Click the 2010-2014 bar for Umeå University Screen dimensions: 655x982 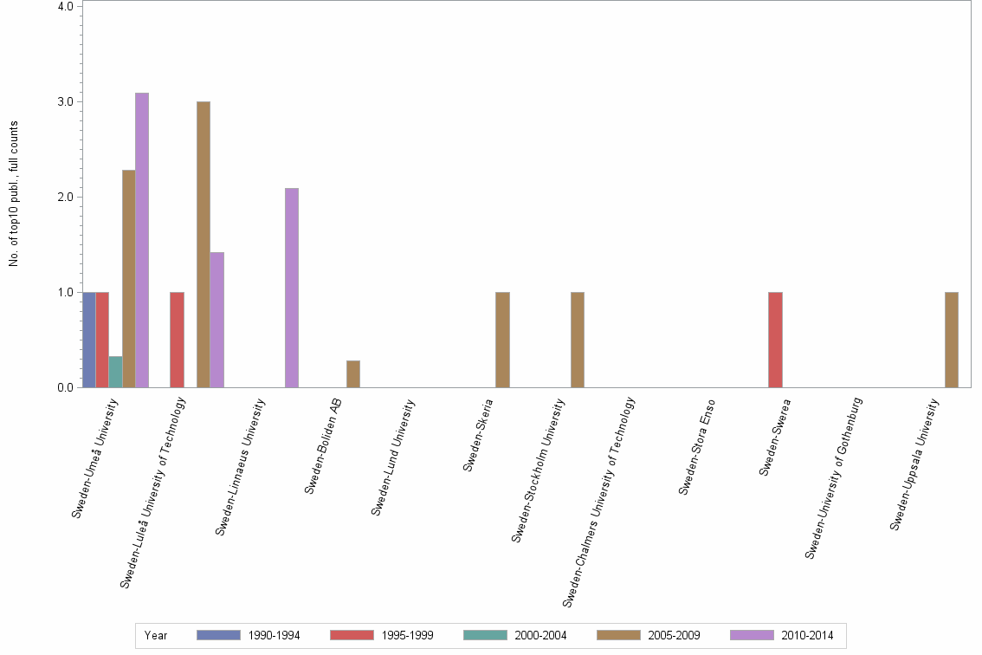(x=142, y=240)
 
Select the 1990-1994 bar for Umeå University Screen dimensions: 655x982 (x=88, y=340)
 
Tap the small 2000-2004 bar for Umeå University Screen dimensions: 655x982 (x=115, y=372)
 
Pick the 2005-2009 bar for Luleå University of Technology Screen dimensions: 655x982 (x=204, y=244)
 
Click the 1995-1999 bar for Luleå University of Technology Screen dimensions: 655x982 (x=177, y=340)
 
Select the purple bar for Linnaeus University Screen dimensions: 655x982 (x=292, y=288)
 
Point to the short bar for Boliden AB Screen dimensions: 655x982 (x=353, y=374)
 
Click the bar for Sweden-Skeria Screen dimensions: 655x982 (x=502, y=340)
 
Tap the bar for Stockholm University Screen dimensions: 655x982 (x=578, y=340)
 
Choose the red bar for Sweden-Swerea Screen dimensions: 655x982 (x=775, y=340)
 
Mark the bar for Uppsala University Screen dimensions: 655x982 (x=952, y=340)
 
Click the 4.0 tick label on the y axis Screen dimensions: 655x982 (x=65, y=7)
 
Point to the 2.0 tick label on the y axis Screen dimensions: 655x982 (x=65, y=198)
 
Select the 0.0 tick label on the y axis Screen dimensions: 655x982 (x=65, y=388)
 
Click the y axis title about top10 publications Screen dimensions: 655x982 (x=15, y=194)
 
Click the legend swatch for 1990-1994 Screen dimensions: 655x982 (x=218, y=635)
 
